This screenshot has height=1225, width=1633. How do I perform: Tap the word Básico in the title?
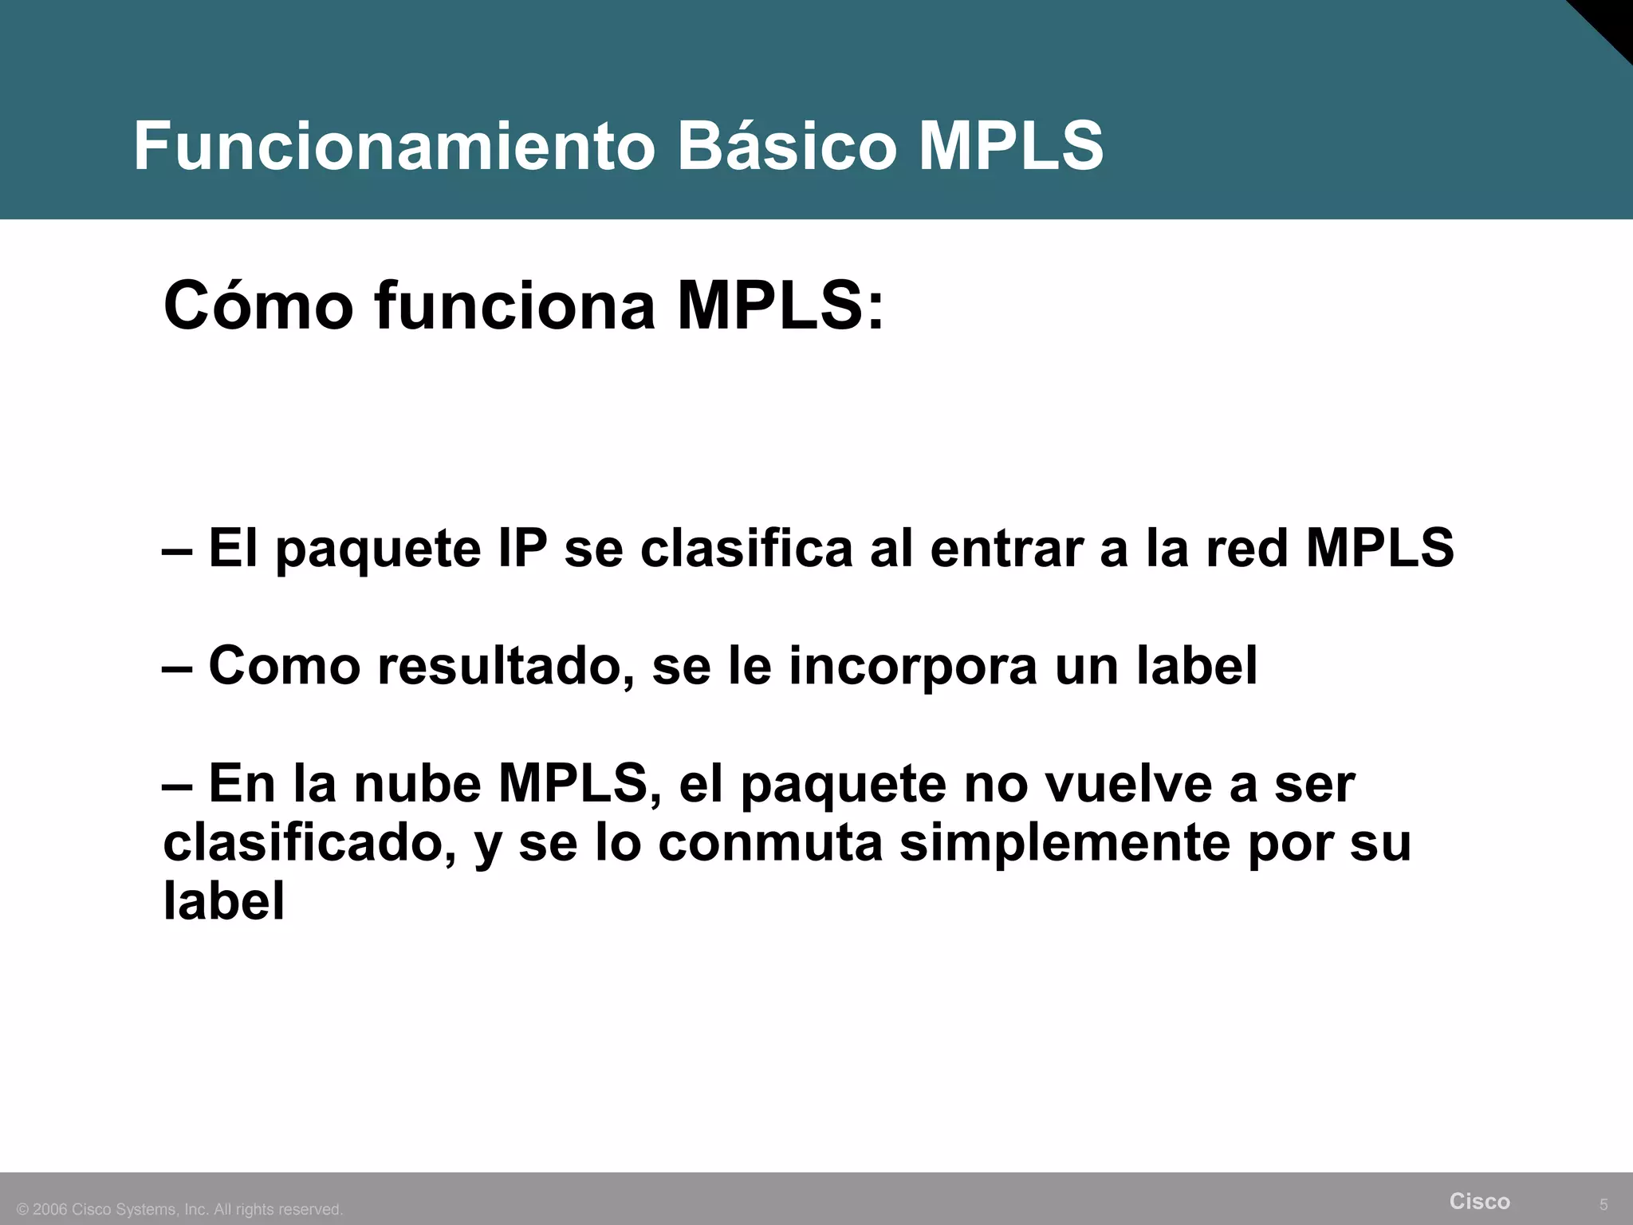point(787,147)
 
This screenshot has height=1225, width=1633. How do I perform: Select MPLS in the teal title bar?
point(1011,147)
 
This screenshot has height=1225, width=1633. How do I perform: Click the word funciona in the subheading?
point(515,306)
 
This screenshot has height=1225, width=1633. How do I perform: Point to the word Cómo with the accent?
point(258,306)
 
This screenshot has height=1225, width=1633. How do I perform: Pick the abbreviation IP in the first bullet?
point(521,549)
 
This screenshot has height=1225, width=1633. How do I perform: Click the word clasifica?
point(746,549)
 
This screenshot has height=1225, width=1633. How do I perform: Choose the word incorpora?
point(913,666)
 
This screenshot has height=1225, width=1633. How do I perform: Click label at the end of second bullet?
point(1196,666)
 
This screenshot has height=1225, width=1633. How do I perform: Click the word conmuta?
point(770,843)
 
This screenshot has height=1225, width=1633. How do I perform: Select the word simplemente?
point(1064,843)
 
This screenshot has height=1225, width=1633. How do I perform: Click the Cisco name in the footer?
point(1479,1201)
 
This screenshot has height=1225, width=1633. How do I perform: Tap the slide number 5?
point(1603,1205)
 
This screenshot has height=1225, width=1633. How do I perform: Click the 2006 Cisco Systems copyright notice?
point(180,1210)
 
